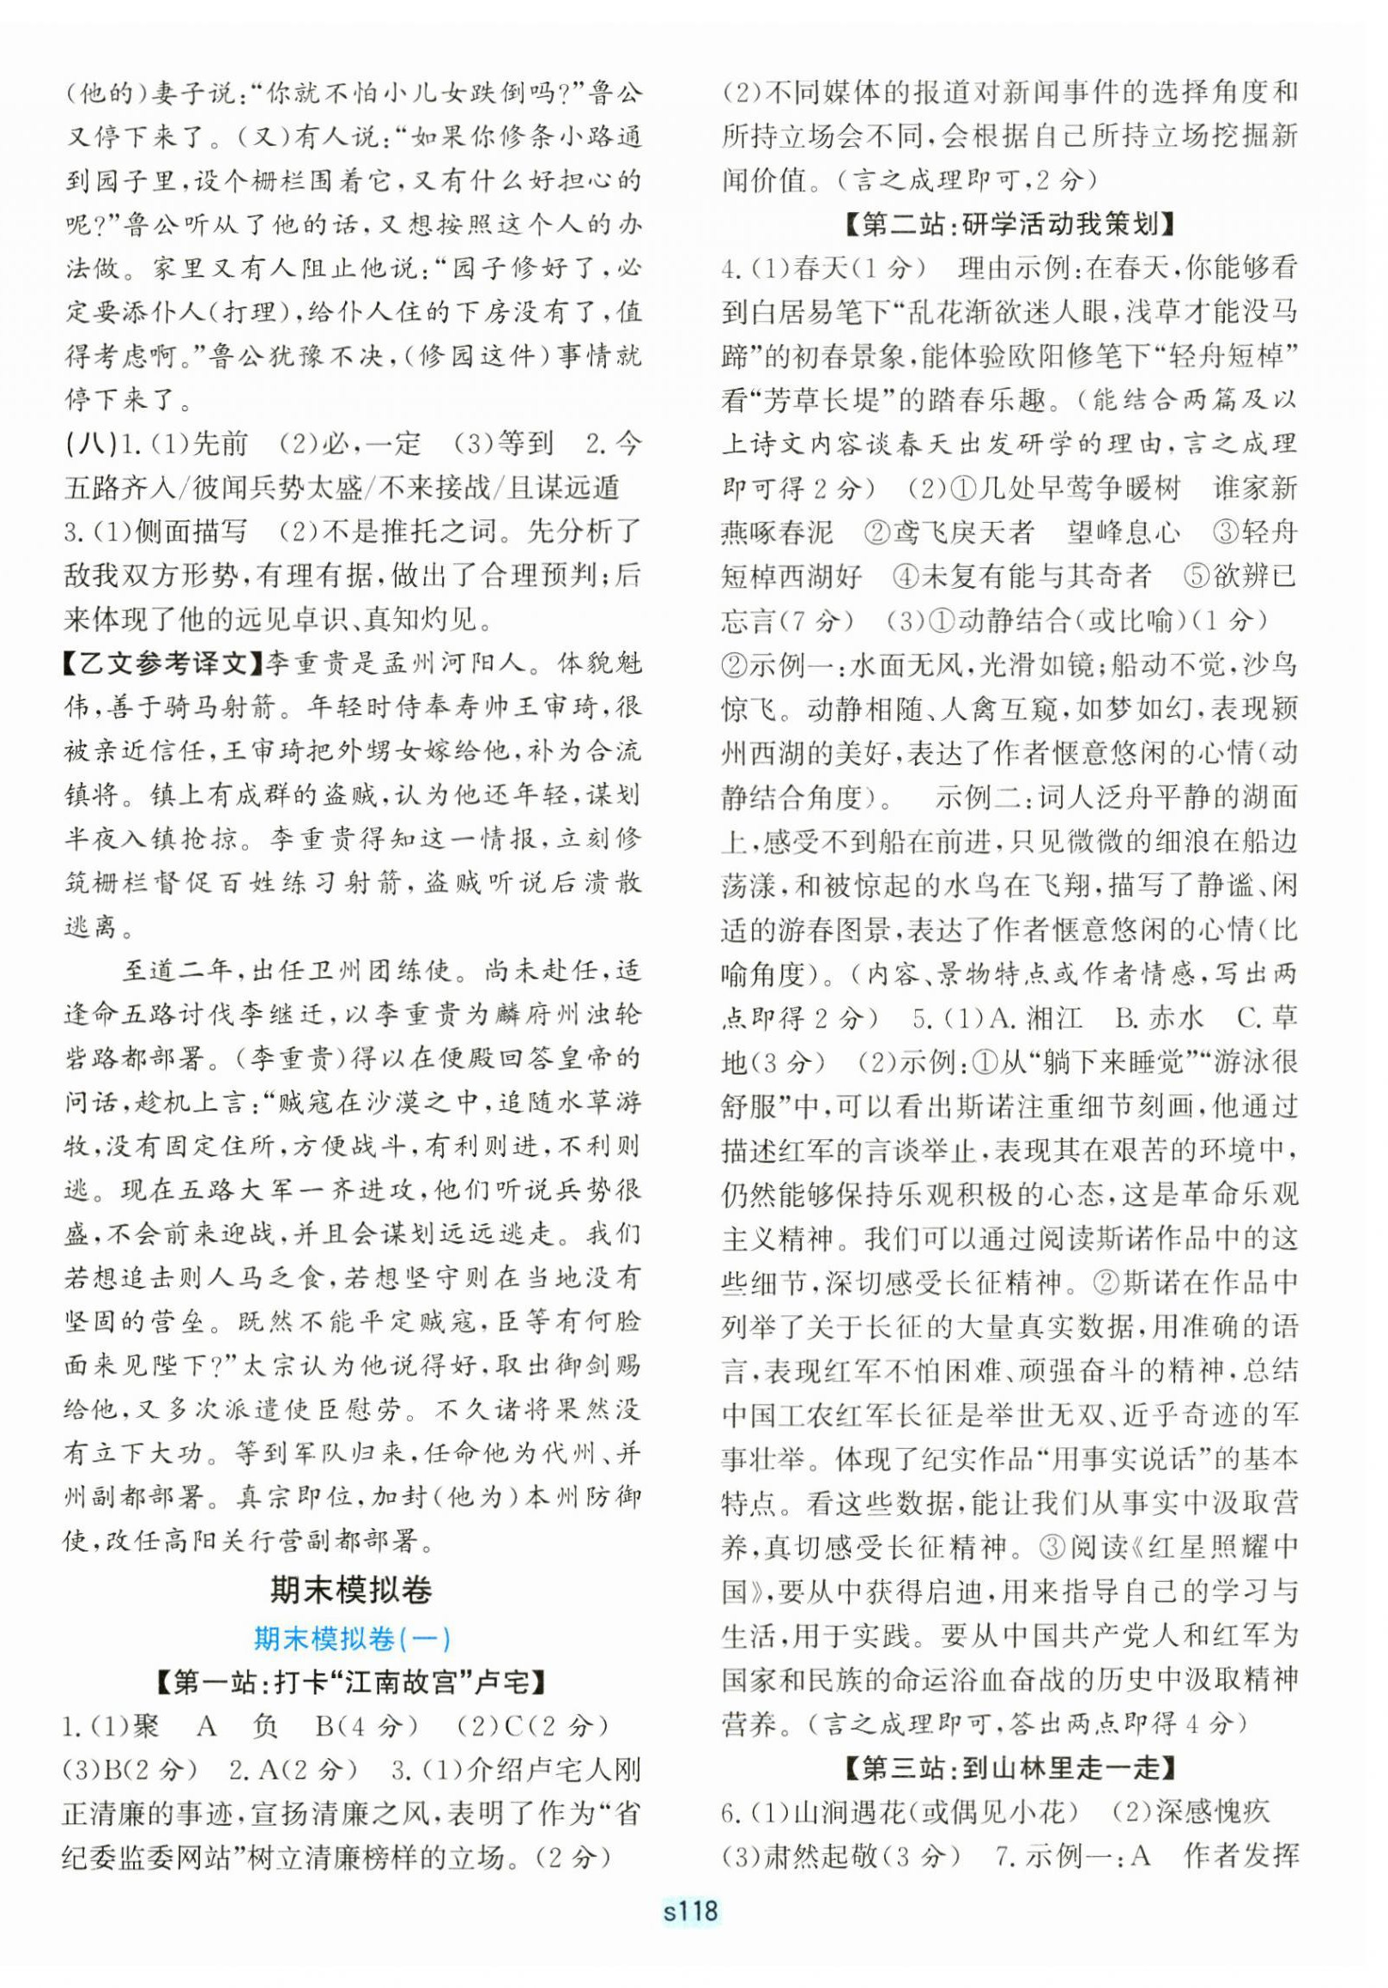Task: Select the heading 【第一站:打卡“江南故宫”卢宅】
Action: (x=351, y=1682)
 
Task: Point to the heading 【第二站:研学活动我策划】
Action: (x=1009, y=224)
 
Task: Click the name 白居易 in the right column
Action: (x=820, y=312)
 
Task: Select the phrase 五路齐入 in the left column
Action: (x=120, y=488)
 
